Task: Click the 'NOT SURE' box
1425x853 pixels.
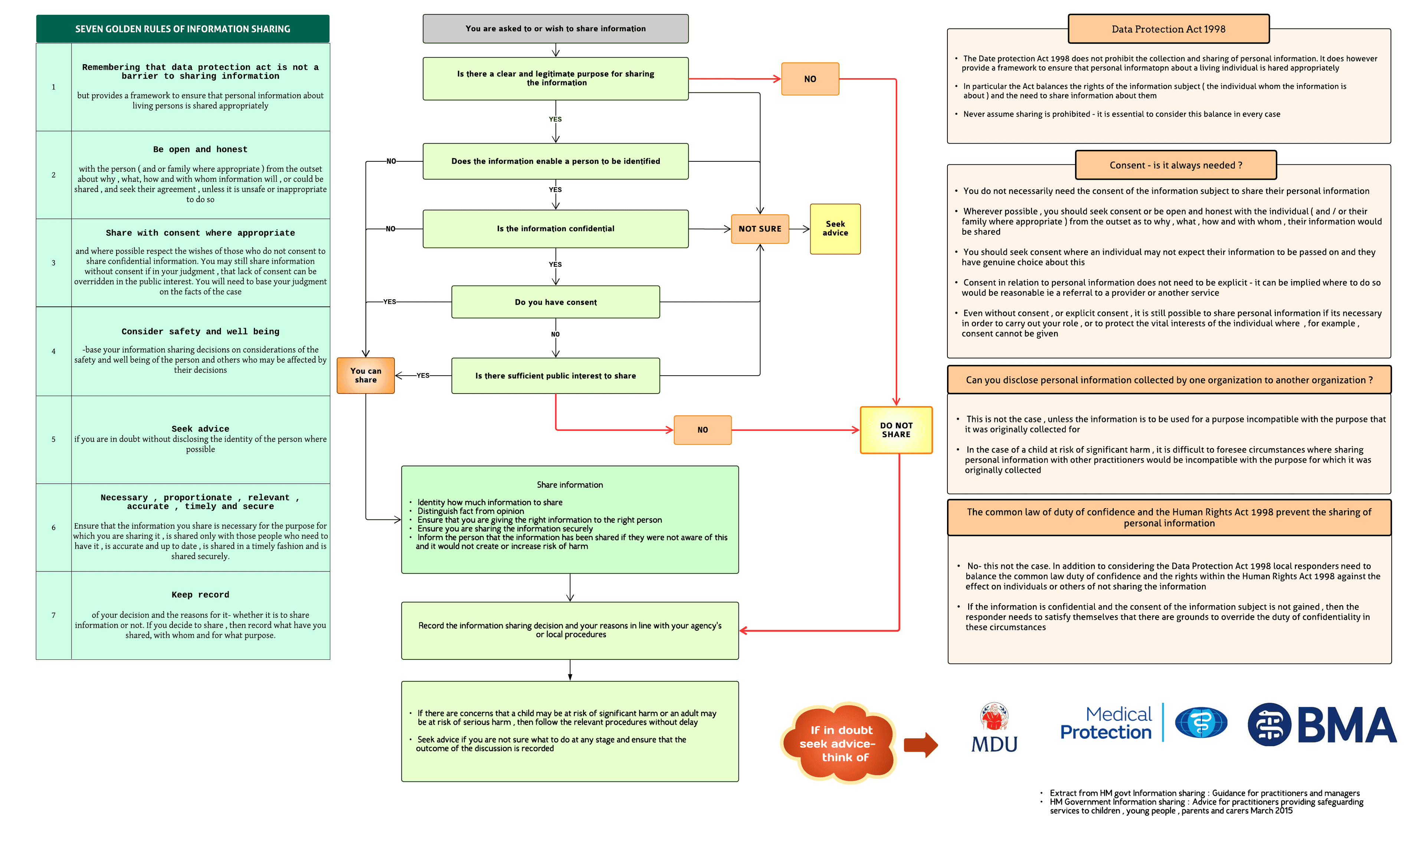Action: tap(759, 229)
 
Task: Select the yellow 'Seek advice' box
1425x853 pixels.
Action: tap(835, 229)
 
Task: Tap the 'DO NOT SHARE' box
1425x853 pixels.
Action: tap(895, 430)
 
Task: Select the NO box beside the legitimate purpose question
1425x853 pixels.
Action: tap(810, 79)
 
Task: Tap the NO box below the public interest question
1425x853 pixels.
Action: tap(702, 430)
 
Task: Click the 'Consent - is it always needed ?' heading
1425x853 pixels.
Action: tap(1175, 165)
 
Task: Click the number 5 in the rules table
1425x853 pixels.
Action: tap(53, 439)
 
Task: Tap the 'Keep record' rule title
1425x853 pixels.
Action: tap(200, 595)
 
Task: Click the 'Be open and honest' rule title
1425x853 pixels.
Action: tap(200, 149)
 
